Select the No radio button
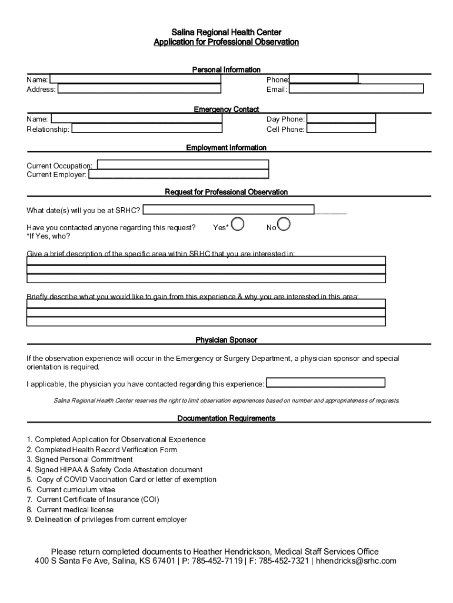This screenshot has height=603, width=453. pyautogui.click(x=283, y=224)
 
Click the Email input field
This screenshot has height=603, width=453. pyautogui.click(x=356, y=89)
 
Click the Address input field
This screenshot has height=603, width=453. pyautogui.click(x=139, y=89)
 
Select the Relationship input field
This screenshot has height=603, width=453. pyautogui.click(x=147, y=129)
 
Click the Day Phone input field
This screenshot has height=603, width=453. pyautogui.click(x=341, y=119)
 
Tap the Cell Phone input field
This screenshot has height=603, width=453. pyautogui.click(x=341, y=129)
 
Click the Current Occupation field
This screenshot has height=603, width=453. pyautogui.click(x=183, y=165)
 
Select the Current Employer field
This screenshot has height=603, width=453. pyautogui.click(x=178, y=174)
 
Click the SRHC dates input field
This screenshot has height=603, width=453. pyautogui.click(x=228, y=210)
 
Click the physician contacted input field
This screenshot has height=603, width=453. pyautogui.click(x=326, y=383)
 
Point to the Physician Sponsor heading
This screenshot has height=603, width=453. pyautogui.click(x=226, y=340)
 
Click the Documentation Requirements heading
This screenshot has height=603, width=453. pyautogui.click(x=226, y=419)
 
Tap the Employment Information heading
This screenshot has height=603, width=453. pyautogui.click(x=226, y=148)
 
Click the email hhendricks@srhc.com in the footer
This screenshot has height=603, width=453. pyautogui.click(x=357, y=561)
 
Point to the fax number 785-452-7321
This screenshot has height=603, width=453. pyautogui.click(x=284, y=561)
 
